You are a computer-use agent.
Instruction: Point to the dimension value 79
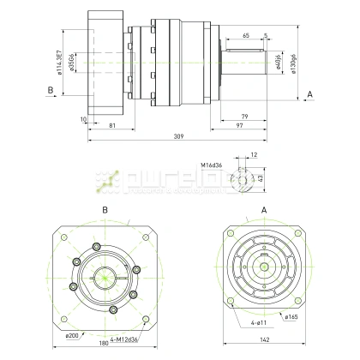pos(244,116)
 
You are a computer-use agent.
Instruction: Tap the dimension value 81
pos(112,126)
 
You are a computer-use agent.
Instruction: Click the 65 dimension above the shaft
pos(246,37)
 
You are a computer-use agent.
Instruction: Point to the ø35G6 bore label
pos(72,66)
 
